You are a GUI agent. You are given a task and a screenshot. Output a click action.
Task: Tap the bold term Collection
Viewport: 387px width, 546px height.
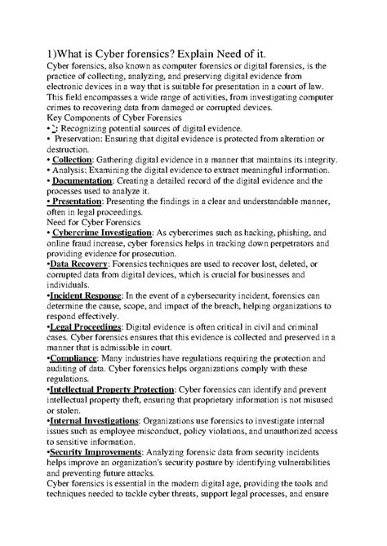pos(71,161)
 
